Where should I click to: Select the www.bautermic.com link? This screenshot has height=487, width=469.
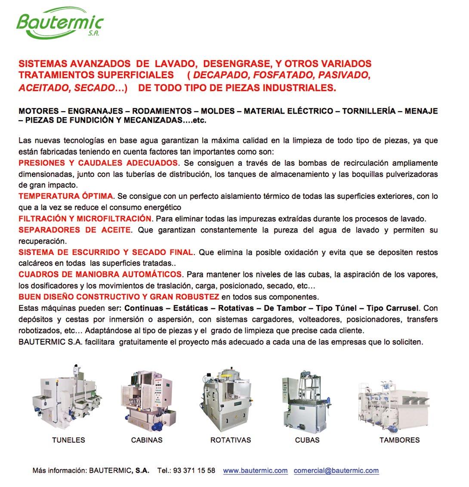[255, 471]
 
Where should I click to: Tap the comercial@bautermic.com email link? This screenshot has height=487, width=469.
[336, 471]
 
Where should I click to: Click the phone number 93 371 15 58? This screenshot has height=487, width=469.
[194, 471]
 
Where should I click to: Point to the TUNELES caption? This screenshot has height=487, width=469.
[68, 440]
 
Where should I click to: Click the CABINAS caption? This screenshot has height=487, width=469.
[147, 440]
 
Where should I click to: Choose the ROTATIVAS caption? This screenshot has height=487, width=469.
[231, 440]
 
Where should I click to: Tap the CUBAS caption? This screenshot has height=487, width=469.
[307, 440]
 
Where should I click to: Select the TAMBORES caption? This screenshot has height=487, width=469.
[399, 440]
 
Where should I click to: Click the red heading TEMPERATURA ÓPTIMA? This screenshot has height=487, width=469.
[65, 196]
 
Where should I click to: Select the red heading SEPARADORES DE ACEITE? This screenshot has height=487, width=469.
[74, 230]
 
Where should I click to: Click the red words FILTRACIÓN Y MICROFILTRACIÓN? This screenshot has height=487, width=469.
[85, 219]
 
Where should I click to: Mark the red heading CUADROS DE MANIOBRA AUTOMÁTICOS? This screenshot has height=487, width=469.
[100, 275]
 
